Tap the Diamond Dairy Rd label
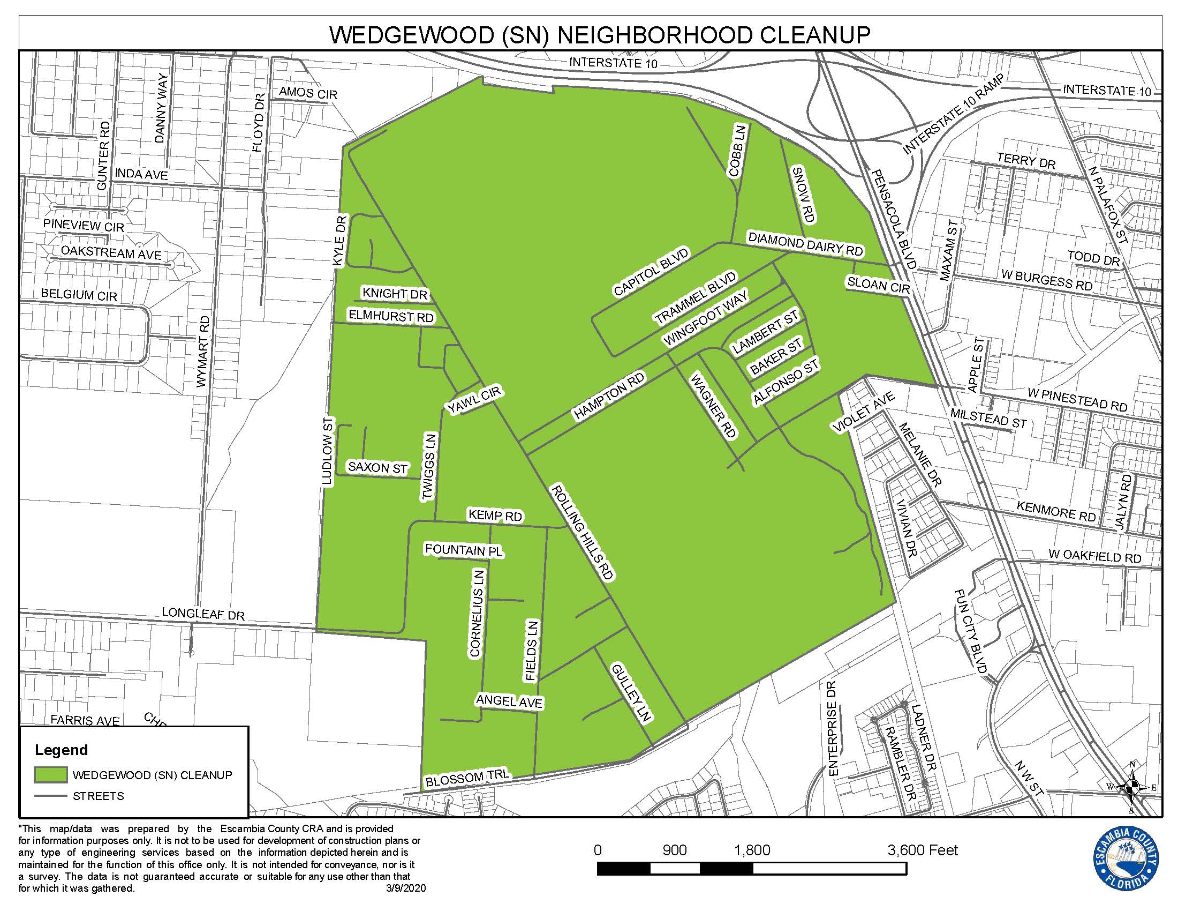805,244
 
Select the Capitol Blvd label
652,273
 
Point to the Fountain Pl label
463,550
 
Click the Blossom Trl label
467,778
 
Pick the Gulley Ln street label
632,693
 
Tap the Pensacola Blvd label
894,219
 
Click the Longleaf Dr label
203,614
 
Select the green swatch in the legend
51,775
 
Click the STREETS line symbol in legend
51,796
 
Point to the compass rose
1131,787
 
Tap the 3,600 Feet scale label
923,850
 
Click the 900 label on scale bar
674,850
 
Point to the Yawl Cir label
474,400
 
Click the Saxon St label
377,467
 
